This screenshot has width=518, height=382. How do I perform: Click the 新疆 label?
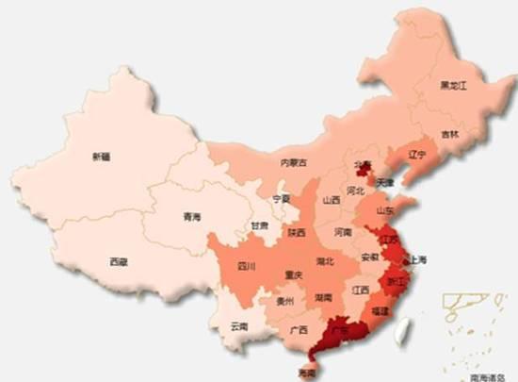(x=100, y=157)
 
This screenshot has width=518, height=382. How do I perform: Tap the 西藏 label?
(x=118, y=261)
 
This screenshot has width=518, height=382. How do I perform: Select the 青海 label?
(x=191, y=217)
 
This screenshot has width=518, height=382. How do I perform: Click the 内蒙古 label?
(x=294, y=162)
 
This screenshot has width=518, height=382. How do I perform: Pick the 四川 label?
(x=247, y=266)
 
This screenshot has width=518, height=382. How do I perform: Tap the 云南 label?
(x=238, y=326)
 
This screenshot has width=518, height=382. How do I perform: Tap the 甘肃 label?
(x=259, y=226)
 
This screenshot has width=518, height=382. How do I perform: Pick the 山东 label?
(x=385, y=210)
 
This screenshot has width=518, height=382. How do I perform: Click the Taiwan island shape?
(x=405, y=328)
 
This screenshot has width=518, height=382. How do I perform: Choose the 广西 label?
(x=299, y=330)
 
